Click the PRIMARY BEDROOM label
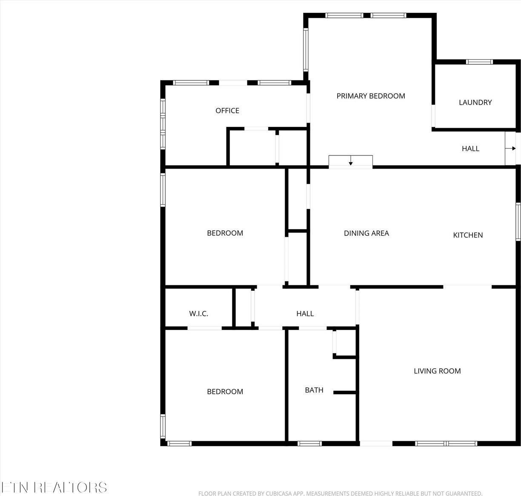pos(371,96)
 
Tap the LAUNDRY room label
pos(475,103)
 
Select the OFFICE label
pos(227,111)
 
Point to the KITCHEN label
pos(468,235)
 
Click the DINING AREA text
pos(366,233)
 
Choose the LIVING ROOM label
pos(437,371)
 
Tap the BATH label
pos(314,390)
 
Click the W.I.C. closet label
pos(199,314)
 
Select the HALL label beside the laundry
pos(470,149)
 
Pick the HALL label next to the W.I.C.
pos(305,314)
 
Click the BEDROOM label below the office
pos(225,233)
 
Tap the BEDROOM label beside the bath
pos(225,392)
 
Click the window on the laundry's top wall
pos(479,62)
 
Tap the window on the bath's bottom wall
pos(309,444)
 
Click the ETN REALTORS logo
pos(54,487)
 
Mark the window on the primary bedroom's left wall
pos(306,49)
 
